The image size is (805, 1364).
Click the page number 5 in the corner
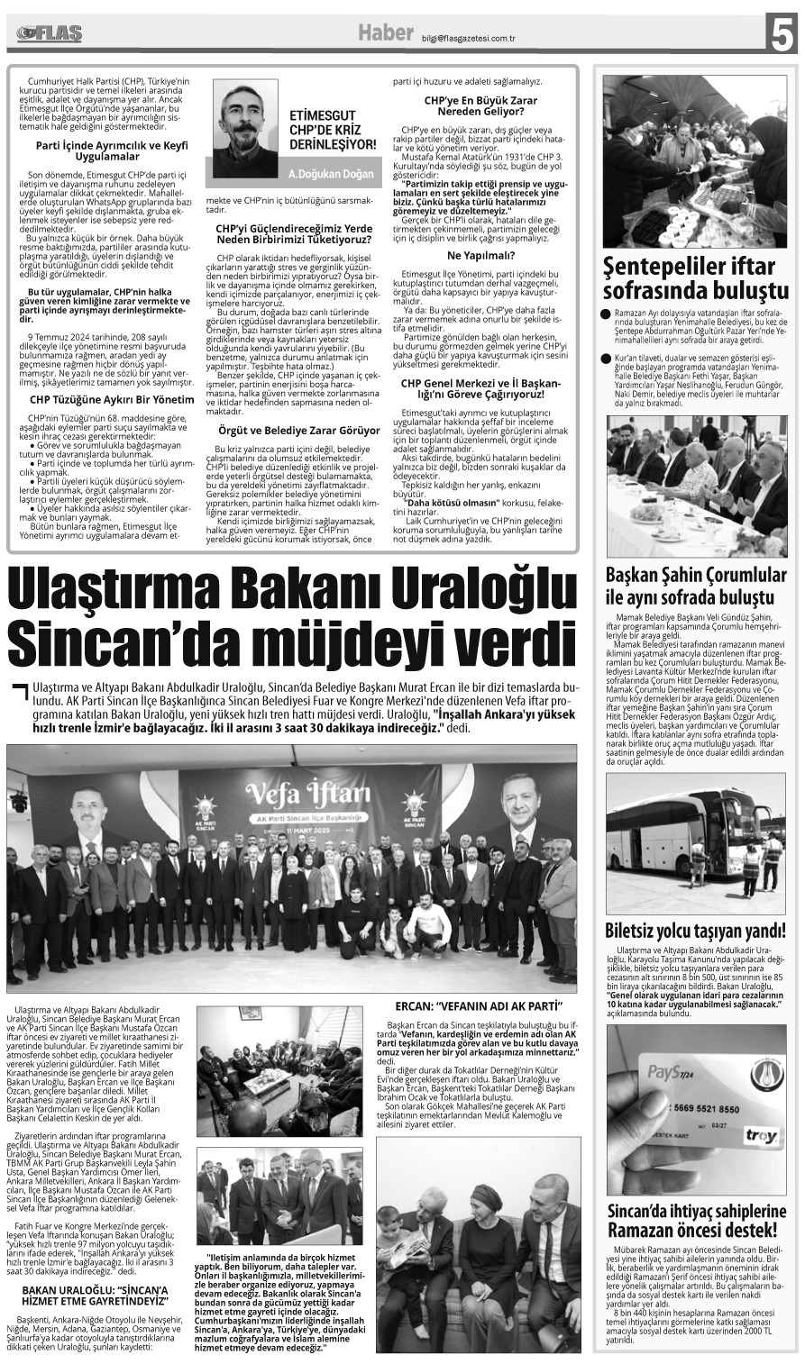[x=781, y=35]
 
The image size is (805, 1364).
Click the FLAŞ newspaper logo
[x=49, y=33]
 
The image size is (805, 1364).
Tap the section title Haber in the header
[x=385, y=32]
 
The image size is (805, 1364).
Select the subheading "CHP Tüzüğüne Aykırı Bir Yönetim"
[x=112, y=399]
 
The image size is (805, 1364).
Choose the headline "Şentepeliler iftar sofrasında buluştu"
[x=695, y=278]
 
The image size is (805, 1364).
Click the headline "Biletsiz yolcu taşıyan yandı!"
[x=695, y=930]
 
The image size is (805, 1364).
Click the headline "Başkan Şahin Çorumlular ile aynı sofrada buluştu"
[x=695, y=586]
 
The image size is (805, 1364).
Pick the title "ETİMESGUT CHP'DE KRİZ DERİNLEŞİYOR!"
[x=333, y=129]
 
